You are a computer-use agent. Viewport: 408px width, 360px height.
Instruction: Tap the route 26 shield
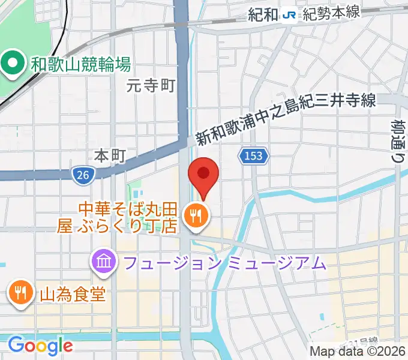tap(83, 175)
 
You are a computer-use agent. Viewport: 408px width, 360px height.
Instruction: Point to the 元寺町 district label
tap(151, 86)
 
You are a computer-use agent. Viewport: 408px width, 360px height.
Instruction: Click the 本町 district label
tap(110, 156)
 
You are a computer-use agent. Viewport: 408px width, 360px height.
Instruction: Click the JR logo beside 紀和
tap(289, 15)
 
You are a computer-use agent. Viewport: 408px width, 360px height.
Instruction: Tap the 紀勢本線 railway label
tap(331, 15)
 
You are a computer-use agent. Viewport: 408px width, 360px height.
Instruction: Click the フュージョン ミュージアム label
tap(225, 262)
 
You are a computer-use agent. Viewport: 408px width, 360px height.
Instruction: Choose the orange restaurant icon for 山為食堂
tap(21, 293)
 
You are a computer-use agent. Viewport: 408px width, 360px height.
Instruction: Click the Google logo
tap(40, 346)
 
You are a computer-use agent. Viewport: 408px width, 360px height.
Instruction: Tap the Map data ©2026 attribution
tap(358, 352)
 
